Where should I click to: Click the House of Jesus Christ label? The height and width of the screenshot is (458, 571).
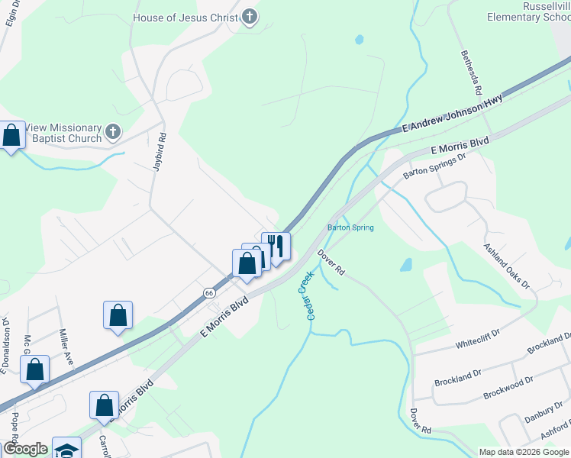[185, 17]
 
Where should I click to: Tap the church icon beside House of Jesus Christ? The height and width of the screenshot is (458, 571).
[250, 17]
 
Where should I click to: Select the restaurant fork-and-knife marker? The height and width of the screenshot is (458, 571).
[276, 247]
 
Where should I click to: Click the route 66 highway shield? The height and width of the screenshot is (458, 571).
[208, 292]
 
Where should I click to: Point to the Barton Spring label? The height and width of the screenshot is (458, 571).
[350, 228]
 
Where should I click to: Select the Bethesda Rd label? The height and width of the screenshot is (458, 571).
[473, 73]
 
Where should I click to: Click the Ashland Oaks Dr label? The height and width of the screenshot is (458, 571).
[505, 266]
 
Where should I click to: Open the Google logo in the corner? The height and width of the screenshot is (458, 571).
[24, 449]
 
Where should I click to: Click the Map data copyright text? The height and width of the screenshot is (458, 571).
[524, 452]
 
